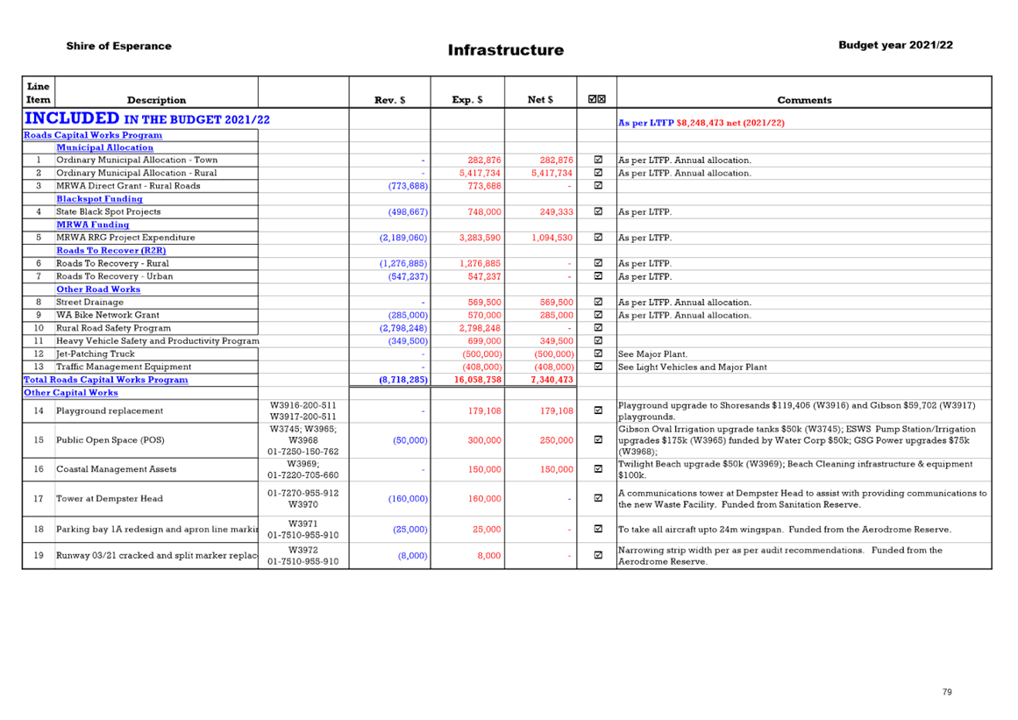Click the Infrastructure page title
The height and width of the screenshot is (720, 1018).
pos(506,50)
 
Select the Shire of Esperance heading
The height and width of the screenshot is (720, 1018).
pos(118,46)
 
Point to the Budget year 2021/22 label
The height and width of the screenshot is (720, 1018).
pos(895,45)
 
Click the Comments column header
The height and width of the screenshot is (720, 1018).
pos(804,100)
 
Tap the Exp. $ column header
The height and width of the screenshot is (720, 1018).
pos(467,100)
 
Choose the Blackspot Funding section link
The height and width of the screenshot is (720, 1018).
pos(99,199)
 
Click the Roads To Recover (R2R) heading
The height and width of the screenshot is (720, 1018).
pos(111,251)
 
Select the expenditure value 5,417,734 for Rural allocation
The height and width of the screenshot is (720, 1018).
pos(480,174)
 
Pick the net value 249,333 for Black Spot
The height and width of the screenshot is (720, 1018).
pos(557,211)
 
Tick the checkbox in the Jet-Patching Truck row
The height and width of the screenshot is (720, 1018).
pos(598,353)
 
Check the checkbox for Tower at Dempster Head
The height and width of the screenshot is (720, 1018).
pos(598,498)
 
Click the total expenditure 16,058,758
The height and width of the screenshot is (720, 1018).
pos(478,380)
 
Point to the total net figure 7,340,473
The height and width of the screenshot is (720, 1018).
pos(552,380)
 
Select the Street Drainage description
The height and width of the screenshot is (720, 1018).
pos(89,302)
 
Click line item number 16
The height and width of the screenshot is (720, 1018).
pos(39,469)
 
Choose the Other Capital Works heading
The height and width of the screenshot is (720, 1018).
pos(71,393)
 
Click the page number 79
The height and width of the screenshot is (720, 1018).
pos(947,692)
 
